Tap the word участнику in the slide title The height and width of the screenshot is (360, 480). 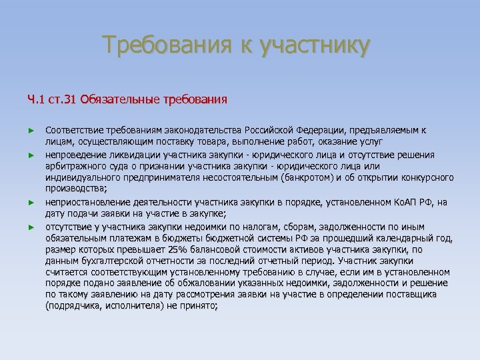313,46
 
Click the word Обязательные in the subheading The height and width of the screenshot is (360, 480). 119,101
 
